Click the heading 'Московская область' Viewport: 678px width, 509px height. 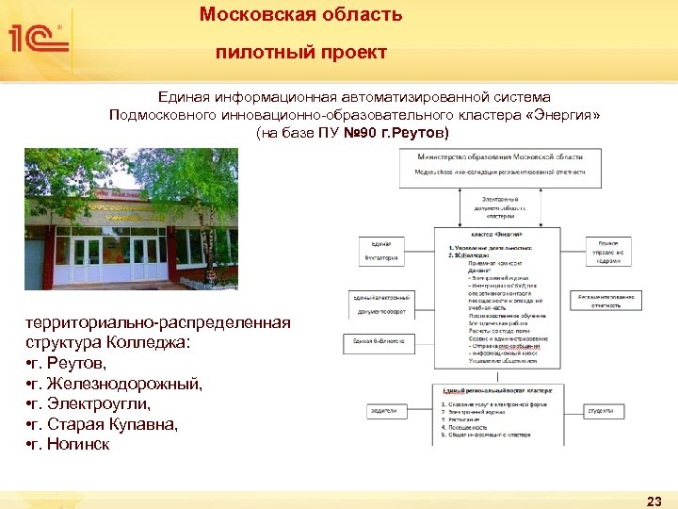tap(301, 15)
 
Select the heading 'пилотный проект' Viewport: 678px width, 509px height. tap(301, 53)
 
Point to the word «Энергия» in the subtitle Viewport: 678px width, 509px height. tap(562, 115)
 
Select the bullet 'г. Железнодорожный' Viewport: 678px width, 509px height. tap(114, 383)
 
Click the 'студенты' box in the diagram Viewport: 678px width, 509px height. tap(600, 410)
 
